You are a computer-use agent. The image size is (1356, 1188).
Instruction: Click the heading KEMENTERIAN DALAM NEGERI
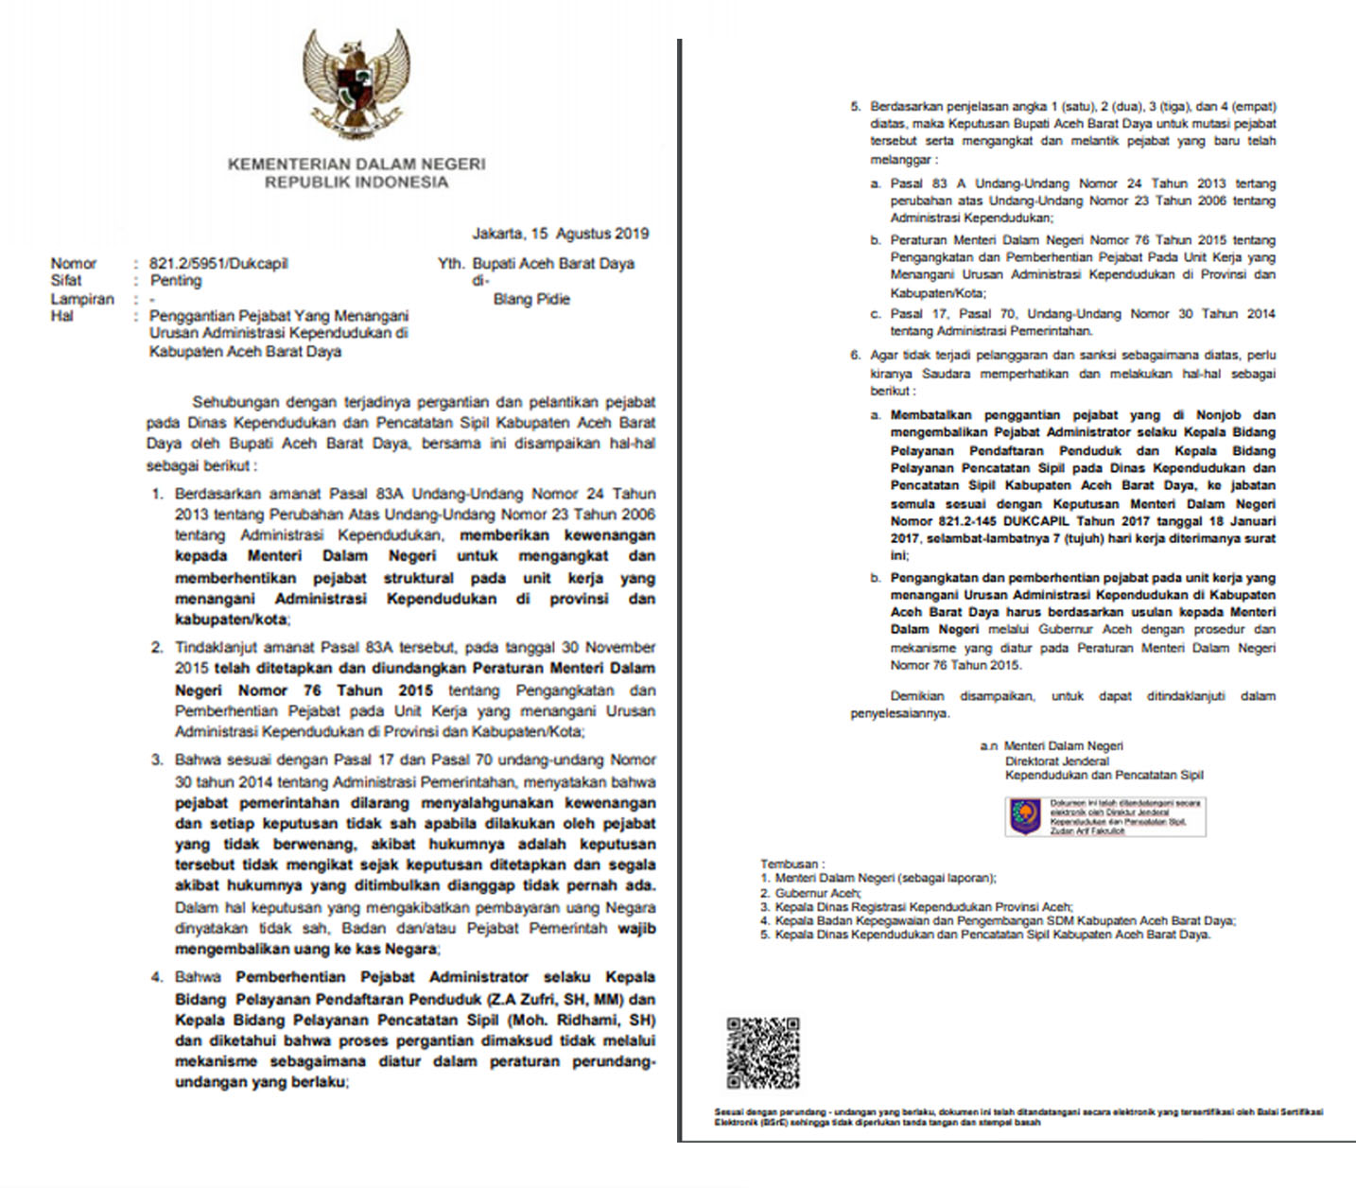click(356, 164)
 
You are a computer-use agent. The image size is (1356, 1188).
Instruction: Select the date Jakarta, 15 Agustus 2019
click(560, 233)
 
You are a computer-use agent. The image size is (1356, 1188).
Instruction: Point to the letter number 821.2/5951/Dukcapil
click(218, 264)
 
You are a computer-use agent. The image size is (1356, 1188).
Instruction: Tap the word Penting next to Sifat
click(176, 281)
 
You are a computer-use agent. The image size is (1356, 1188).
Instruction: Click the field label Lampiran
click(82, 299)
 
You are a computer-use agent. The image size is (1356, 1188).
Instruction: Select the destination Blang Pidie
click(531, 299)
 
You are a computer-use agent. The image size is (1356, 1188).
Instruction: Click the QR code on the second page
click(763, 1053)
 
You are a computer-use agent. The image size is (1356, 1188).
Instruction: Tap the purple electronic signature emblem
click(1025, 816)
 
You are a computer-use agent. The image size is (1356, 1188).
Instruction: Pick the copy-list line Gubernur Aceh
click(818, 893)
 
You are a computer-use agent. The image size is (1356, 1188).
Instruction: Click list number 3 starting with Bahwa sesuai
click(157, 760)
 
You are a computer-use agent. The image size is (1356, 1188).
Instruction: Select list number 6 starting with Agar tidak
click(856, 356)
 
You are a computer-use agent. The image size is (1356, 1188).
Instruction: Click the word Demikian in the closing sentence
click(916, 695)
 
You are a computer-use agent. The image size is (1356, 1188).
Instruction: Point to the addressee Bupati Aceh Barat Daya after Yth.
click(553, 264)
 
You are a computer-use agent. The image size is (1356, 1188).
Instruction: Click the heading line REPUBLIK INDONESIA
click(356, 182)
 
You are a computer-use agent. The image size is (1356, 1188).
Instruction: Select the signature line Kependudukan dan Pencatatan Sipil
click(1104, 776)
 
